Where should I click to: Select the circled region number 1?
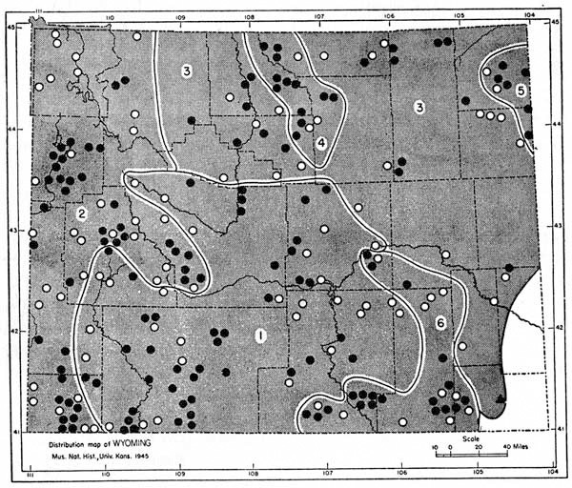258,335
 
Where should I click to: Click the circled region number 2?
83,214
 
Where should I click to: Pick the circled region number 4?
322,143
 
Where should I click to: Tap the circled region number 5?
520,90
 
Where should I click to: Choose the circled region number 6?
440,323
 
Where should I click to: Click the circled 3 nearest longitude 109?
187,71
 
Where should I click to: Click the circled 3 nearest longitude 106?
419,108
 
